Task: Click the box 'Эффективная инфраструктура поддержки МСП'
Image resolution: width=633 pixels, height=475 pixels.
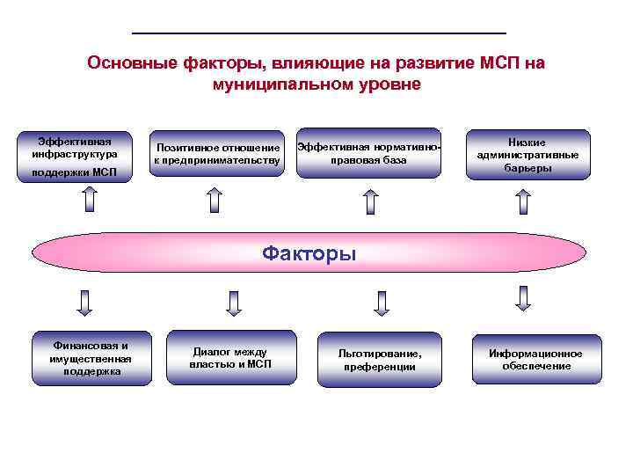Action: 80,156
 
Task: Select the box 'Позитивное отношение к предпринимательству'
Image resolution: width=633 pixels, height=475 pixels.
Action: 217,153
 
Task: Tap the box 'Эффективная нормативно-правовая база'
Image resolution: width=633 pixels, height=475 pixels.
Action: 368,153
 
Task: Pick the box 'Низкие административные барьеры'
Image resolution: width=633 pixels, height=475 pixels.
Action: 527,154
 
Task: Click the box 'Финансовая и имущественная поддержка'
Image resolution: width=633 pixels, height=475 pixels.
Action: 91,358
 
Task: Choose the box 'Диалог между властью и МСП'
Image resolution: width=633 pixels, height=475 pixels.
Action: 230,357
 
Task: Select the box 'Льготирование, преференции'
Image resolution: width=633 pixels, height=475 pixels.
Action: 380,359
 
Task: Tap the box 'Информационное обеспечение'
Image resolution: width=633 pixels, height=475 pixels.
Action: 536,359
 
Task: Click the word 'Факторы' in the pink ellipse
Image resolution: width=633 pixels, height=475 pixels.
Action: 309,255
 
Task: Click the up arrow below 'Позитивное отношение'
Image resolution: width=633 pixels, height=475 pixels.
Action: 216,201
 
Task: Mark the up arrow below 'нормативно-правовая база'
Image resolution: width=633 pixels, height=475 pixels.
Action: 371,202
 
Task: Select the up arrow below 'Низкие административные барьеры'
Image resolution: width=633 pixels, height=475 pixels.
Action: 525,201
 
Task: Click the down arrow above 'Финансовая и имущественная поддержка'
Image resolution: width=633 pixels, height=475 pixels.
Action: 85,303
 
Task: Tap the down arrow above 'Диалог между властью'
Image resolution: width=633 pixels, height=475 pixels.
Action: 233,303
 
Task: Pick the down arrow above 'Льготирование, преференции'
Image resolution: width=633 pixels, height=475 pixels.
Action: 381,303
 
